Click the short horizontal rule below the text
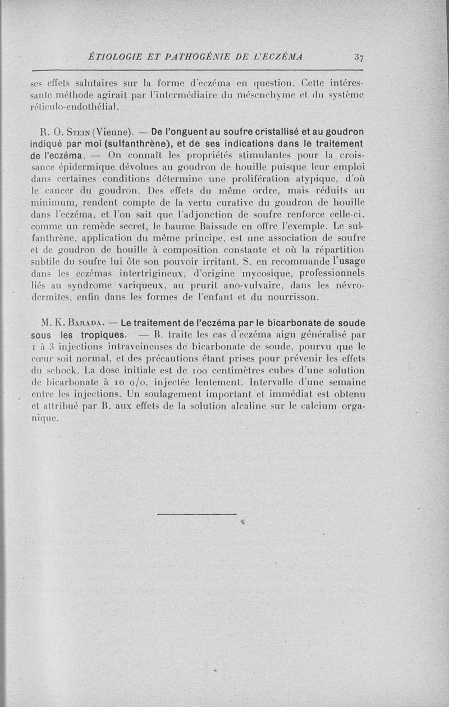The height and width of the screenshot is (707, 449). [x=197, y=514]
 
